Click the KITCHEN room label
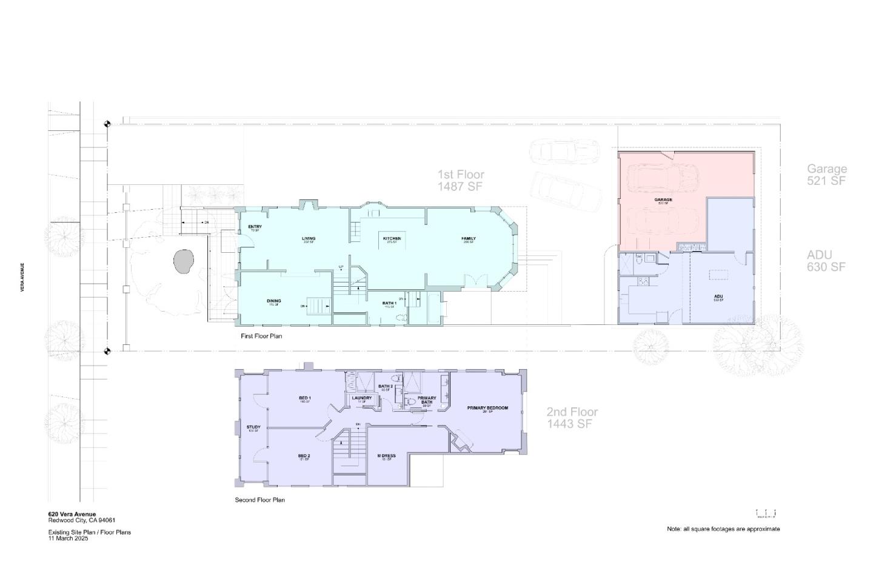(x=392, y=239)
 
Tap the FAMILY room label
(x=468, y=239)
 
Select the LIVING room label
(x=309, y=239)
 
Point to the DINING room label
(x=273, y=301)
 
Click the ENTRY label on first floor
(x=255, y=227)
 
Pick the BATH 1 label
(x=389, y=303)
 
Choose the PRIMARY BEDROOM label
(x=487, y=408)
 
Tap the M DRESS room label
(x=386, y=456)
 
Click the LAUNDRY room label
(x=362, y=398)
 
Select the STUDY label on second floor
(x=253, y=427)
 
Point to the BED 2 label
(x=304, y=456)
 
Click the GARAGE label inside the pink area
(x=663, y=200)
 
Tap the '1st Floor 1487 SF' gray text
(x=461, y=181)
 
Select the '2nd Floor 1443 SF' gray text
(x=572, y=418)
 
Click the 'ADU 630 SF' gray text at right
(x=825, y=261)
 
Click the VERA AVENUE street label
(x=22, y=278)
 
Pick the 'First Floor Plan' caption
(x=261, y=336)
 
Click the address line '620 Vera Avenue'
(x=72, y=514)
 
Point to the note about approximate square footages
(x=723, y=529)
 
